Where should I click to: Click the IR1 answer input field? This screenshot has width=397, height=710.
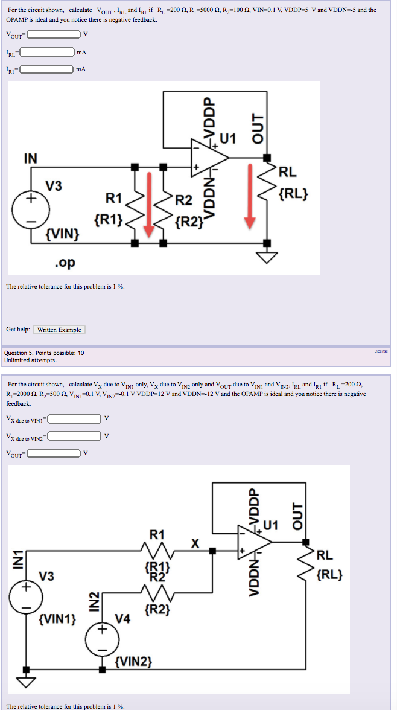coord(46,70)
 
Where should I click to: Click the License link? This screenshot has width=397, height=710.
coord(380,351)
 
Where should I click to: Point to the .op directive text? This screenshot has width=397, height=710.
coord(65,263)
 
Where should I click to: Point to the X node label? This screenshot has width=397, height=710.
coord(195,543)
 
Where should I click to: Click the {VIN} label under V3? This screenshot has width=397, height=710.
coord(63,233)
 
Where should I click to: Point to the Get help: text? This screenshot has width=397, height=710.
coord(18,330)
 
